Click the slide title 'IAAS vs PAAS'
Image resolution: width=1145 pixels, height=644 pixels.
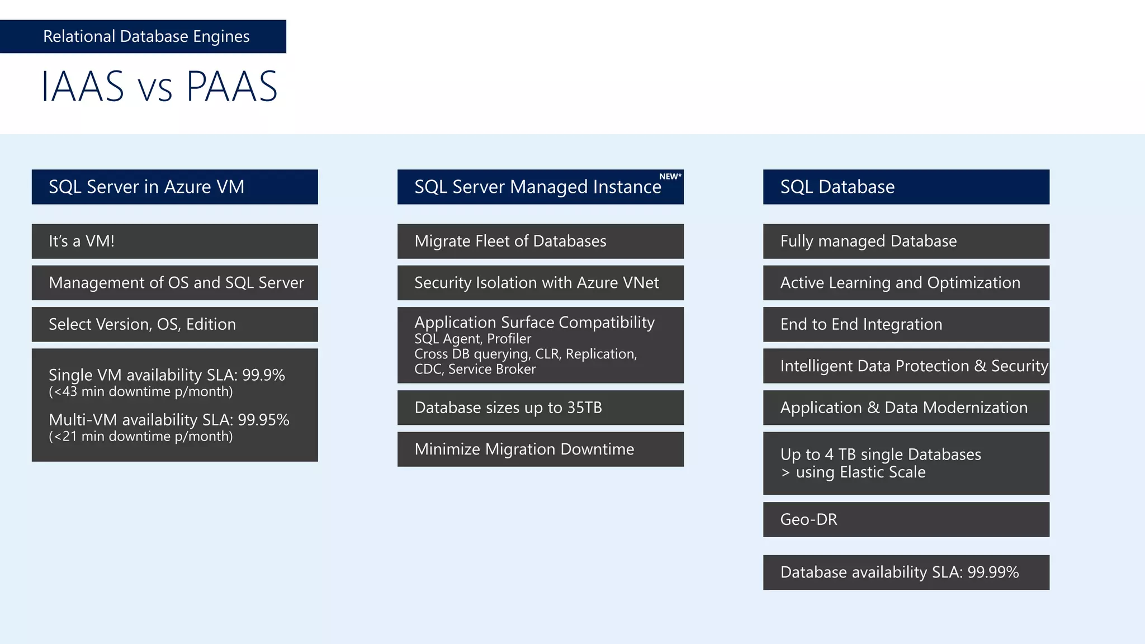tap(159, 87)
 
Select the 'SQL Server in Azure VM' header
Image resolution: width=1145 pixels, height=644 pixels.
tap(174, 187)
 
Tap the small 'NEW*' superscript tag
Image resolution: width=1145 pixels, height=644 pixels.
tap(670, 177)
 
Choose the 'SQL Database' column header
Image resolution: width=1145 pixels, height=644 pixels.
tap(906, 187)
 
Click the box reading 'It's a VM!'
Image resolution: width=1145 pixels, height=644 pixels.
tap(174, 241)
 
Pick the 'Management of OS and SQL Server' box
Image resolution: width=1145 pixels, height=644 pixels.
tap(174, 283)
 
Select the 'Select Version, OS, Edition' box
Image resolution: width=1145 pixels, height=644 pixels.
tap(174, 324)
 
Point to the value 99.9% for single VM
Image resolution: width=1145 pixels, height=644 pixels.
tap(263, 375)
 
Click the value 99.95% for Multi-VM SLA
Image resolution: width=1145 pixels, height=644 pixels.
tap(263, 420)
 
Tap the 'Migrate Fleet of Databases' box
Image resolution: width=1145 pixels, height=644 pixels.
tap(540, 241)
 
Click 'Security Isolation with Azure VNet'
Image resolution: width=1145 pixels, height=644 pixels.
tap(540, 283)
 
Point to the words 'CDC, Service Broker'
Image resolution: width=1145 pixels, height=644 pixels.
tap(475, 370)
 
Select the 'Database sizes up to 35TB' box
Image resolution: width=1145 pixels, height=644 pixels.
tap(540, 408)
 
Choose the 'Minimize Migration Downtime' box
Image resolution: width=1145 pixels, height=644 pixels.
tap(540, 449)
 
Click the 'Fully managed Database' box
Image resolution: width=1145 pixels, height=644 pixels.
tap(906, 241)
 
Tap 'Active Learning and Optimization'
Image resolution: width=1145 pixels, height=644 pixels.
tap(906, 283)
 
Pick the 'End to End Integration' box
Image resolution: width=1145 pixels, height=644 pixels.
tap(906, 324)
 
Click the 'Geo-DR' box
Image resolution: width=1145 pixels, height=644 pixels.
tap(906, 519)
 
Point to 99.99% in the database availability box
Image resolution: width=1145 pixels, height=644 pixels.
tap(993, 572)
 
